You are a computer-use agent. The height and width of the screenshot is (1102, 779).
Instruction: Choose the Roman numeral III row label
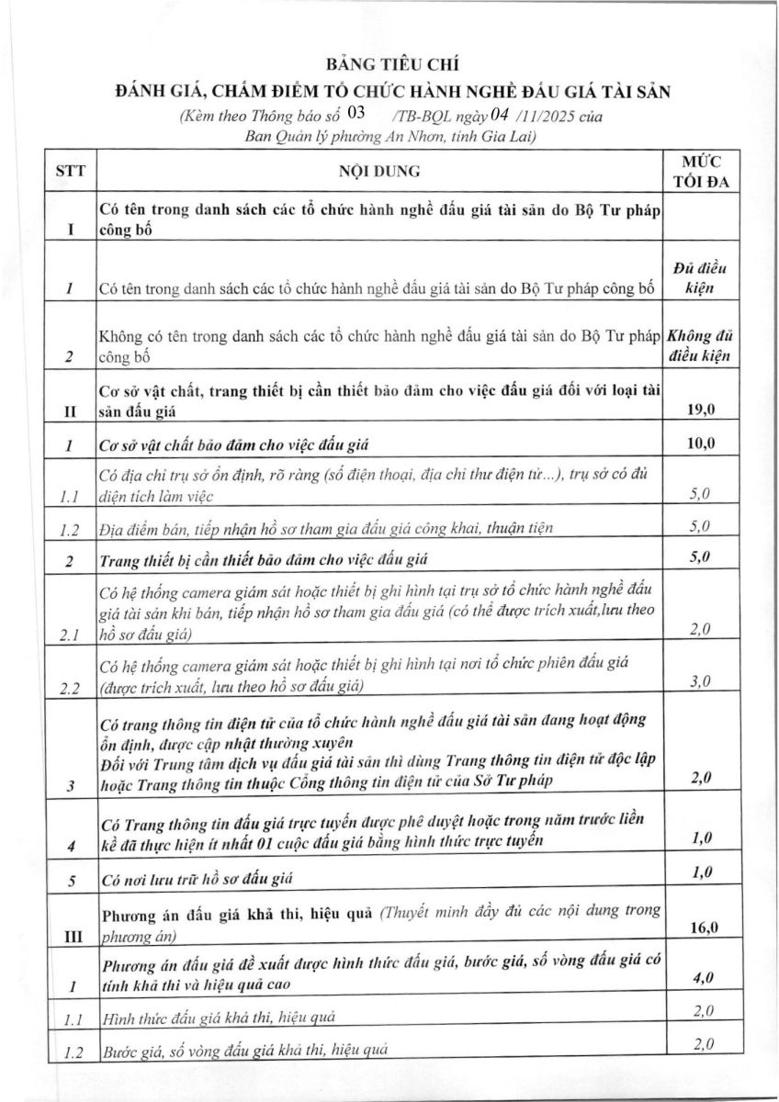69,936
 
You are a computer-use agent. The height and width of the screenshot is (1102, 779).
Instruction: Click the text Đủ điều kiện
701,277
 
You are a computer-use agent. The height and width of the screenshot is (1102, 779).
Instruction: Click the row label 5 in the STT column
69,880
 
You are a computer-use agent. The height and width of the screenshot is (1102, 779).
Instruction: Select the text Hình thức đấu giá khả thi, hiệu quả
219,1018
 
